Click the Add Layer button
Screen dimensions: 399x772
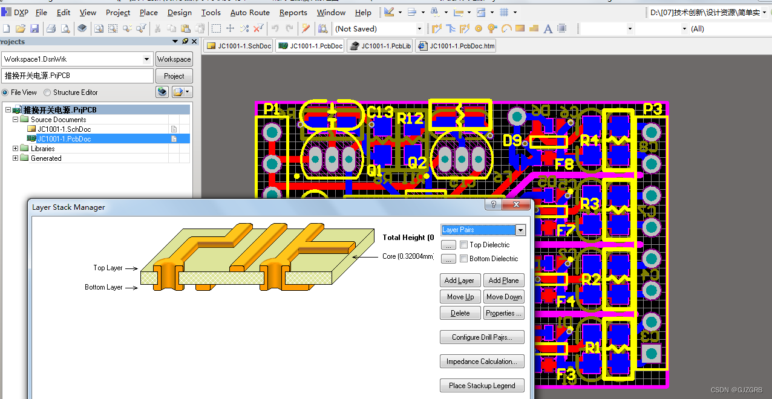[460, 281]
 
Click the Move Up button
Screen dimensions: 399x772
[460, 297]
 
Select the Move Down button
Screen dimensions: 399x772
[503, 297]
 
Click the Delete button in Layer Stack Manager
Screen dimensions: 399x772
[460, 313]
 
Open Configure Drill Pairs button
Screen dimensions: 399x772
[482, 337]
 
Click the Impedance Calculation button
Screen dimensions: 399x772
[482, 362]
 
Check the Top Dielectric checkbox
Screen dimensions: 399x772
[464, 245]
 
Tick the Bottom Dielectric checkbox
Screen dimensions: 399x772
[464, 259]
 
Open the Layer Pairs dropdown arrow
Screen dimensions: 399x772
[520, 230]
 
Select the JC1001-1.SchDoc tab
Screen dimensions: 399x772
[238, 46]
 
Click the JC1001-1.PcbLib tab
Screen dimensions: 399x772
[380, 46]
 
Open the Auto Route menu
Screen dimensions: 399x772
[250, 12]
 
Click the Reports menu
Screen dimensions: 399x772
[293, 12]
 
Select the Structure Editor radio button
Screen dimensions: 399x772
[47, 92]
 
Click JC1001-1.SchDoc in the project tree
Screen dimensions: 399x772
[64, 129]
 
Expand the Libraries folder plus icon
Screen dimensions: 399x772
[16, 149]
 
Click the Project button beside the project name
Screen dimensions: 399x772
[174, 76]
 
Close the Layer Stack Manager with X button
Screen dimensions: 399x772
[516, 205]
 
